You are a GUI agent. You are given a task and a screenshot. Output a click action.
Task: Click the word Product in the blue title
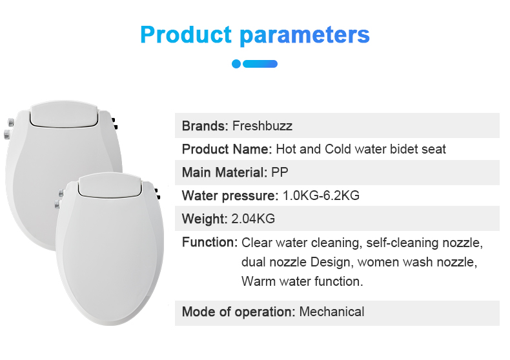pyautogui.click(x=186, y=34)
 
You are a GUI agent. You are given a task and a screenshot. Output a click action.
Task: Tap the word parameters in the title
pyautogui.click(x=305, y=35)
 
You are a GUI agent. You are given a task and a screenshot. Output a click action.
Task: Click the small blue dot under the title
pyautogui.click(x=236, y=64)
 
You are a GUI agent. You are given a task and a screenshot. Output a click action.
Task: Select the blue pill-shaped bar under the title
pyautogui.click(x=260, y=64)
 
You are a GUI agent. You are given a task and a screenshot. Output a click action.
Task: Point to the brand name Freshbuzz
pyautogui.click(x=262, y=126)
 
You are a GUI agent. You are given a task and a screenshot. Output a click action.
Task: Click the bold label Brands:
pyautogui.click(x=205, y=126)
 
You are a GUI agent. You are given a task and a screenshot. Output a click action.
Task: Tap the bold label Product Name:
pyautogui.click(x=227, y=150)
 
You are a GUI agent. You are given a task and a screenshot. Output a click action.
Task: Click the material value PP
pyautogui.click(x=280, y=172)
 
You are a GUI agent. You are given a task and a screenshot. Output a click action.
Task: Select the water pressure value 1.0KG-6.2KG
pyautogui.click(x=321, y=195)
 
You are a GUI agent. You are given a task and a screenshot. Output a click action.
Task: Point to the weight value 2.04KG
pyautogui.click(x=253, y=219)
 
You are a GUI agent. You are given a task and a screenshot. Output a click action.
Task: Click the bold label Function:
pyautogui.click(x=210, y=243)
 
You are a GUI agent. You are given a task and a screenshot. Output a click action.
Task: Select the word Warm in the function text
pyautogui.click(x=259, y=281)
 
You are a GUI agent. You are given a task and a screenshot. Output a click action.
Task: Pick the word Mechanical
pyautogui.click(x=332, y=312)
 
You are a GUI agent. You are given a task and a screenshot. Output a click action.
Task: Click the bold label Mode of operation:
pyautogui.click(x=238, y=312)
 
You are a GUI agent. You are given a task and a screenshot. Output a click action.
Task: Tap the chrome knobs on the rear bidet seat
pyautogui.click(x=8, y=128)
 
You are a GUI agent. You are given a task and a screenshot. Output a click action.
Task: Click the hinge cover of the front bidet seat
pyautogui.click(x=110, y=185)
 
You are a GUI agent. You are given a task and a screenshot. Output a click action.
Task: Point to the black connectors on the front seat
pyautogui.click(x=158, y=194)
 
